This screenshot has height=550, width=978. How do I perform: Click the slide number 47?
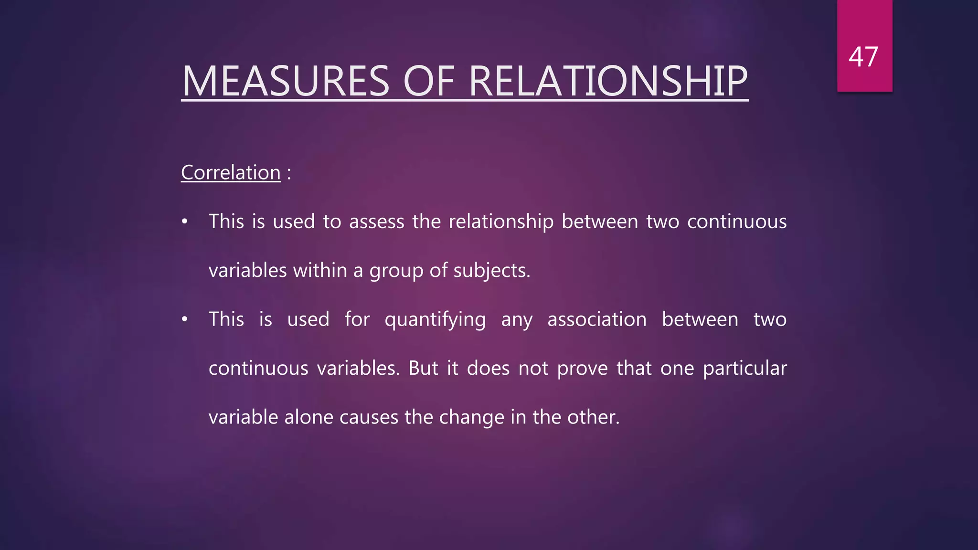863,57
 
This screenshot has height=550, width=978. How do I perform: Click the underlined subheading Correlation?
231,172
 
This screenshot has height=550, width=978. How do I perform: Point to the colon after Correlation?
289,173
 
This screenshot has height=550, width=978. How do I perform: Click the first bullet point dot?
185,222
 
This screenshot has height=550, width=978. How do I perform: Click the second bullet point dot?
185,320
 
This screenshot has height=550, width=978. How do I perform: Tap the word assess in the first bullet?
376,222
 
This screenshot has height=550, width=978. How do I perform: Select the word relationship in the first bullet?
501,222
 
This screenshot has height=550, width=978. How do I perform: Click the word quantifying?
435,320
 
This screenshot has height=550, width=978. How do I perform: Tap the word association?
597,319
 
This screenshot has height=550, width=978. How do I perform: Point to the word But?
423,368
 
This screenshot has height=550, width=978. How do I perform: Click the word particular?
744,369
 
